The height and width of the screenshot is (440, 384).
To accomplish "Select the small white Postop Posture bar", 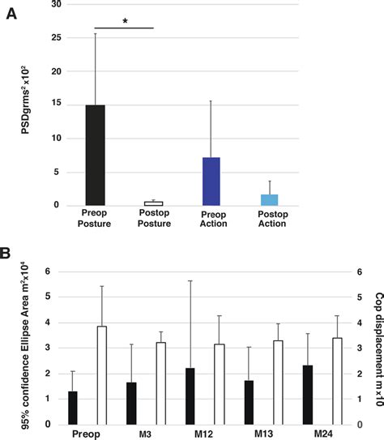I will [x=153, y=203].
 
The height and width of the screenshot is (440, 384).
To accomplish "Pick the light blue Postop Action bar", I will [x=268, y=199].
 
